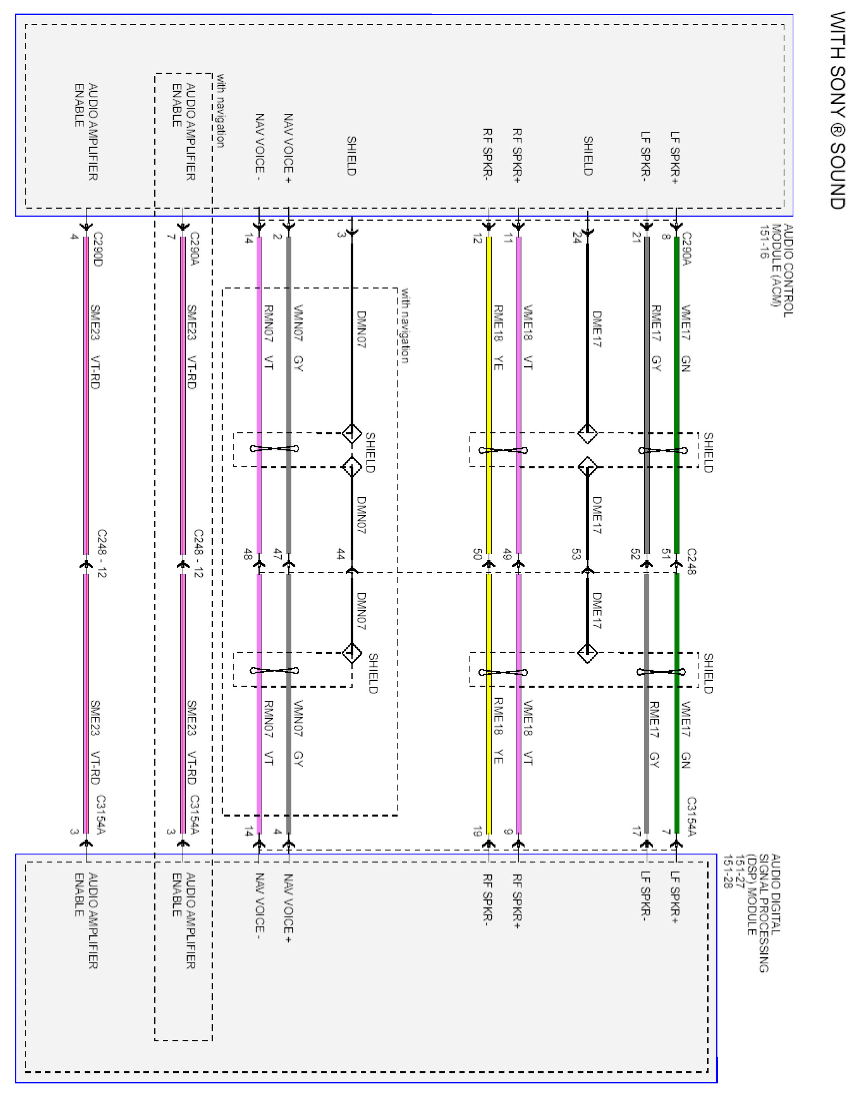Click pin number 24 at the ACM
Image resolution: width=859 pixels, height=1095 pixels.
pyautogui.click(x=577, y=239)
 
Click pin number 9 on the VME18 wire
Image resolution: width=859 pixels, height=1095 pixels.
pyautogui.click(x=508, y=832)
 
